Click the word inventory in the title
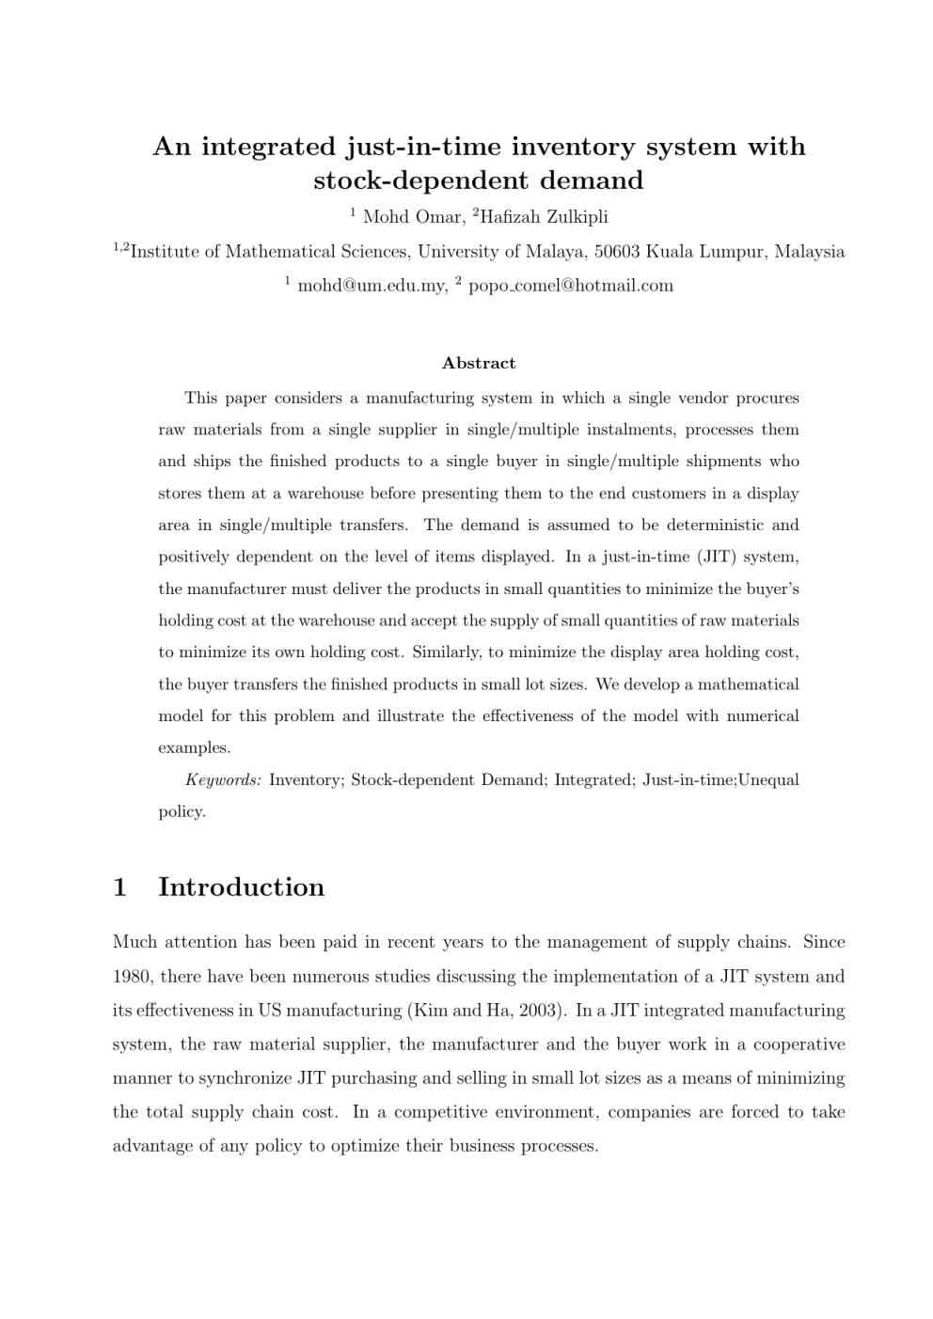[x=624, y=147]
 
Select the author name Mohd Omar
[x=412, y=217]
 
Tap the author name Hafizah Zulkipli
[x=544, y=217]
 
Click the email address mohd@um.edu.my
[x=372, y=285]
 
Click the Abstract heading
[x=479, y=363]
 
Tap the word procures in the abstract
[x=767, y=398]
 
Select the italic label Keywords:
[x=223, y=779]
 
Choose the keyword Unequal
[x=768, y=779]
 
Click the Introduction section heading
[x=241, y=887]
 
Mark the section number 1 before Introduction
[x=119, y=887]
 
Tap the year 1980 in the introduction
[x=133, y=976]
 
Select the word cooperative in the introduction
[x=799, y=1044]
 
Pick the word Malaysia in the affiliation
[x=809, y=251]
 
